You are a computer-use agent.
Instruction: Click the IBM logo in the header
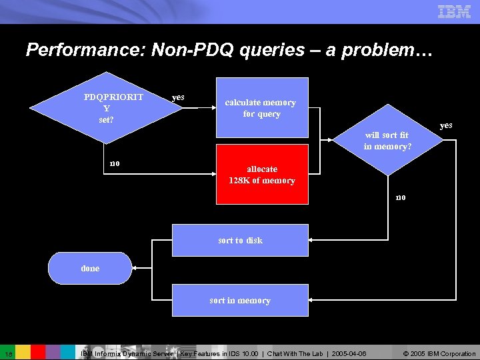[454, 11]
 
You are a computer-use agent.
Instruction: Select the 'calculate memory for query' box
[261, 107]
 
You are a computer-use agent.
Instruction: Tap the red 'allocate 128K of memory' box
[261, 174]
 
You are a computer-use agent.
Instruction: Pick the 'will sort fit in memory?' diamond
[387, 141]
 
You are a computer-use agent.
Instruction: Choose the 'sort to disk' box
[240, 240]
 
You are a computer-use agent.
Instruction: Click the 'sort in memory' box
[240, 300]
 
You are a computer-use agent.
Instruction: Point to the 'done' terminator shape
[90, 268]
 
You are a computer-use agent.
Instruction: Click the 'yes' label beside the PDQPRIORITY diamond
[178, 97]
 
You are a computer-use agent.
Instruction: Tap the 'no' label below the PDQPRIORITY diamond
[115, 163]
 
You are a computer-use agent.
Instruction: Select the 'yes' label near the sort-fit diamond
[446, 125]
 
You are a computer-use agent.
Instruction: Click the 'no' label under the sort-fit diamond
[400, 197]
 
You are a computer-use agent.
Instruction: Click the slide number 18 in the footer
[7, 353]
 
